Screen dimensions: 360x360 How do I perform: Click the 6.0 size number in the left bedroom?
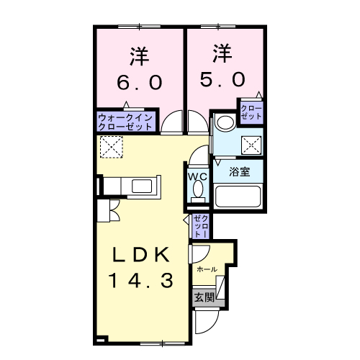(140, 81)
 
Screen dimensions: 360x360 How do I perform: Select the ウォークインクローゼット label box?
(125, 120)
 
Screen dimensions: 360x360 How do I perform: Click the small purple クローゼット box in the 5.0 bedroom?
(253, 112)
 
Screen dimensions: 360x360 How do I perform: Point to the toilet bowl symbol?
(198, 192)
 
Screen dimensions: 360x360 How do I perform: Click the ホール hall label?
(207, 269)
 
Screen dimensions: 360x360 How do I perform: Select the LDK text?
(141, 256)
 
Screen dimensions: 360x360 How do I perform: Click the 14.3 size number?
(141, 281)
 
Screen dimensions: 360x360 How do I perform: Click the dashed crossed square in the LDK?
(112, 148)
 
